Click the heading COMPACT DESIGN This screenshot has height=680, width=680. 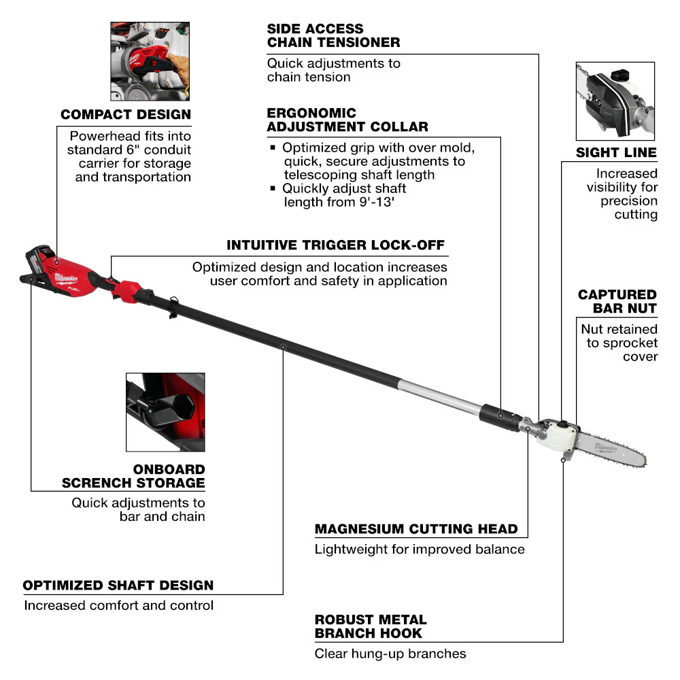tap(126, 114)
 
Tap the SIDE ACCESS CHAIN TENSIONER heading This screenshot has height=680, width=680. tap(333, 35)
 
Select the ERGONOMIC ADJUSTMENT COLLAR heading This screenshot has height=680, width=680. tap(347, 120)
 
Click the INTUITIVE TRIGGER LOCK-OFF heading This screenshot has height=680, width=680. tap(337, 245)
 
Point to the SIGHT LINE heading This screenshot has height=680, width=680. tap(616, 152)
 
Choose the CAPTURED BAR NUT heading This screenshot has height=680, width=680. tap(617, 301)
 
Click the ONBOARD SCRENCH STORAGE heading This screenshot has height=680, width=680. tap(133, 476)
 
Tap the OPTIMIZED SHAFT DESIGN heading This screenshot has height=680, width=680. tap(118, 585)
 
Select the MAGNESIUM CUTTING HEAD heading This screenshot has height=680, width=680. tap(416, 528)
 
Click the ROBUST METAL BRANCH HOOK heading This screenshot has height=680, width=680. tap(371, 626)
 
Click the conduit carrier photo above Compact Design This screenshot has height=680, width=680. tap(150, 61)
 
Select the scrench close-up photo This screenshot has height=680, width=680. tap(165, 412)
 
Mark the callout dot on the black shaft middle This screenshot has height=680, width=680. tap(283, 347)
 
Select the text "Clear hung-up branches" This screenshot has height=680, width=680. tap(390, 653)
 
